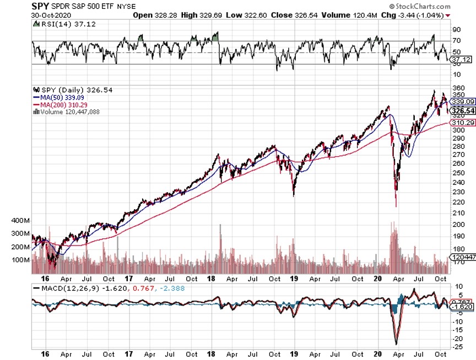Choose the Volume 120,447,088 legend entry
70,111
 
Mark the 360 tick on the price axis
457,88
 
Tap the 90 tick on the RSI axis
456,29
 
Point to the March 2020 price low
396,206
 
